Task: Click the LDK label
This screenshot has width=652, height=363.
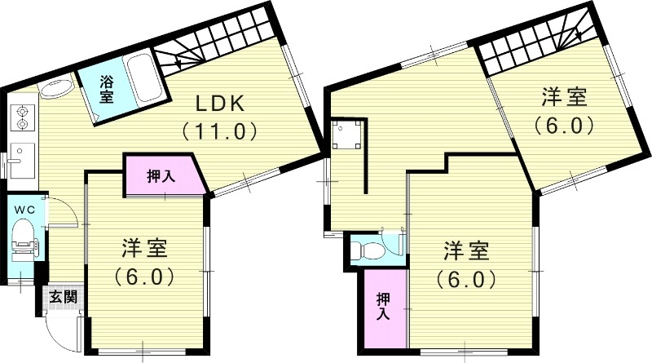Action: coord(219,104)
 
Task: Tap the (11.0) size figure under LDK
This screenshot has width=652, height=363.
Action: coord(219,129)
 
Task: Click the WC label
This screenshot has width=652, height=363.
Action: coord(24,209)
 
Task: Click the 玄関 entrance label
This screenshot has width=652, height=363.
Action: coord(59,297)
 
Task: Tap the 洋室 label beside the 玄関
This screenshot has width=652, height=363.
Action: coord(145,249)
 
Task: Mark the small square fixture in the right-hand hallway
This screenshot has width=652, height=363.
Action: coord(346,135)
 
